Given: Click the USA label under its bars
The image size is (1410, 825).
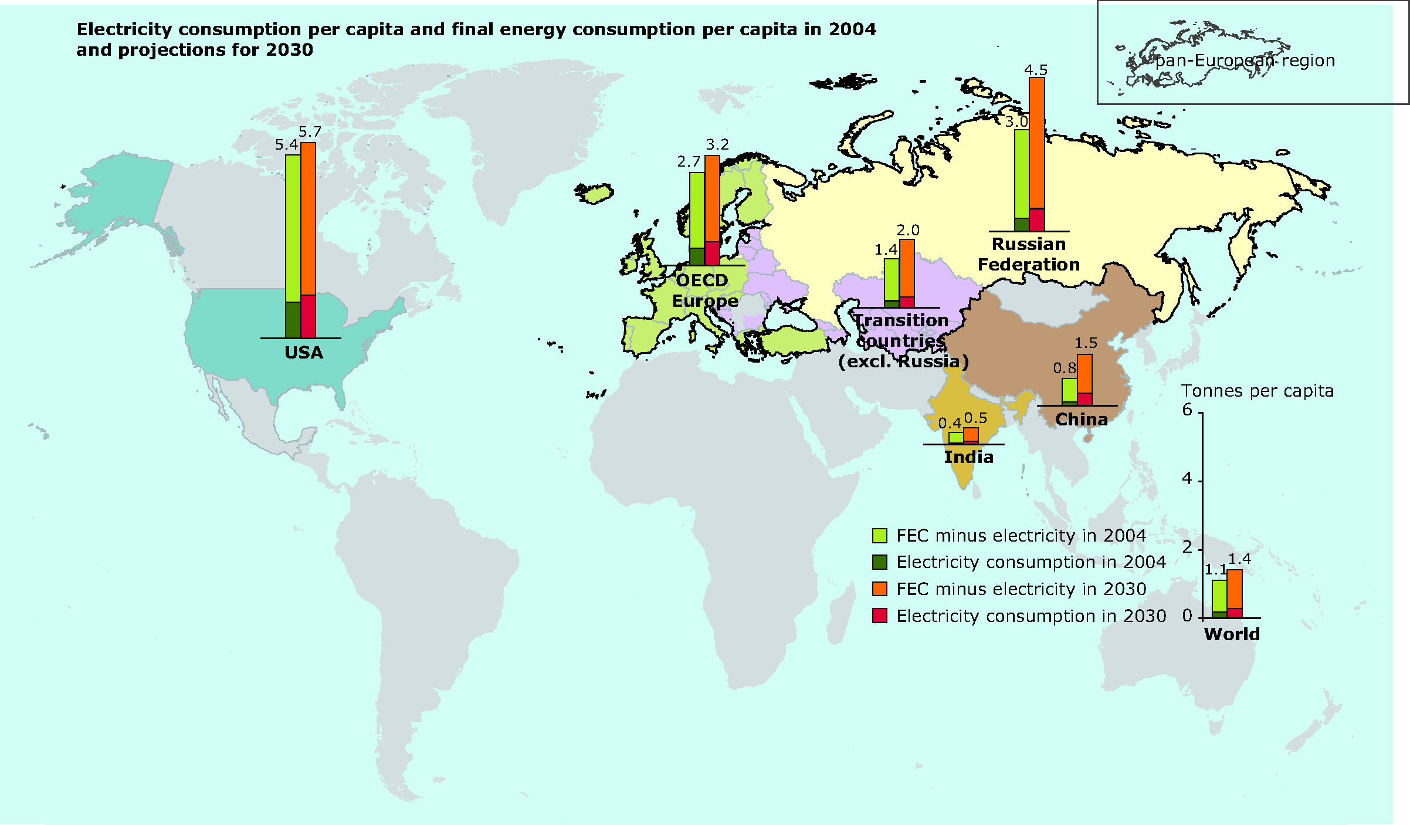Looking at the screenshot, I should point(304,353).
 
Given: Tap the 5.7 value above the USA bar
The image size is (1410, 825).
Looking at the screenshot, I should point(310,132).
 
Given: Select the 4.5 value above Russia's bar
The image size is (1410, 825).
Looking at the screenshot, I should point(1036,70).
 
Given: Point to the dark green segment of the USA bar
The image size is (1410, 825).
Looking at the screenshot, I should point(293,320).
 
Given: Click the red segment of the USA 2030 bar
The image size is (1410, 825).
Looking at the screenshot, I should point(309,316).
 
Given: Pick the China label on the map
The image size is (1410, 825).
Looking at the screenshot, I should point(1082,420).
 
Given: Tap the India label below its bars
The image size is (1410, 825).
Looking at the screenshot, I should point(969,457).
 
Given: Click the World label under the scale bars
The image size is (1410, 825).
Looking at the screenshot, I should point(1232,634).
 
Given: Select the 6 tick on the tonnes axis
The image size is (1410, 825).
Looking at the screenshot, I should point(1187,410).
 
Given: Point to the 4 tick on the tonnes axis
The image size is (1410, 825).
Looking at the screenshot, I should point(1187,479).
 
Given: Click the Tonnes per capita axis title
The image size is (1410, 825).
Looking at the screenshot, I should point(1257,391).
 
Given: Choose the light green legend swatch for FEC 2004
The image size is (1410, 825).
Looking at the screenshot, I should point(879,536).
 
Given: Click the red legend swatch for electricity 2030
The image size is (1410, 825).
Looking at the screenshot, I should point(879,616).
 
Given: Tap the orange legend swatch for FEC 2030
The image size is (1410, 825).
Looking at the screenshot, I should point(879,589).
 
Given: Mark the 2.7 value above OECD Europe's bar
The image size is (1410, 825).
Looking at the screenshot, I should point(689,162).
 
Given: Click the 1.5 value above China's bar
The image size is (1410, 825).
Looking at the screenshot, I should point(1086,343).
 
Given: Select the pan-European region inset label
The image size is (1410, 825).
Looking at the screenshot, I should point(1245,61).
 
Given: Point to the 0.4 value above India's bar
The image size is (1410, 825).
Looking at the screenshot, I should point(950,423).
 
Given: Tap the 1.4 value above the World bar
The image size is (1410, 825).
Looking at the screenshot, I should point(1239,559).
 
